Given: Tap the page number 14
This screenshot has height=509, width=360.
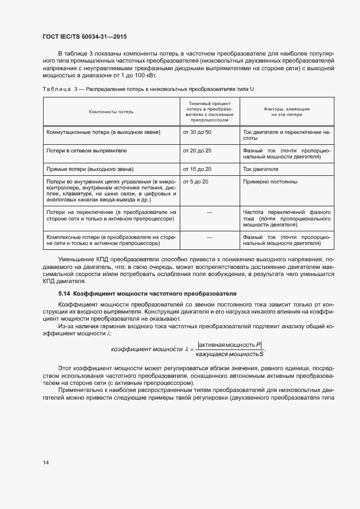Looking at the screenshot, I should [46, 462].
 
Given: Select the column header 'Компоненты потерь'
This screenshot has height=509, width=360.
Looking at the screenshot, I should [111, 112].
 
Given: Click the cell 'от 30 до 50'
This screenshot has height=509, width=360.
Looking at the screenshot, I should [197, 132].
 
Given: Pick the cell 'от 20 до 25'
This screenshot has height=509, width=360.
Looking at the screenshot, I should [197, 150].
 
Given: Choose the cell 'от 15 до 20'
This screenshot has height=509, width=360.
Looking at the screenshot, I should [197, 169].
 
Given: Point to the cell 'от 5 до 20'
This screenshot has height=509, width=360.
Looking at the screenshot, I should [196, 181].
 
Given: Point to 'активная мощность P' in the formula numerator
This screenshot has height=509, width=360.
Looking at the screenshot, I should [230, 345].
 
